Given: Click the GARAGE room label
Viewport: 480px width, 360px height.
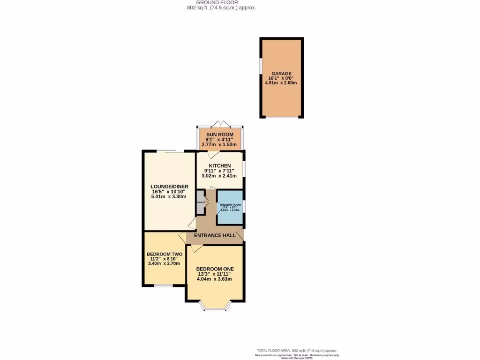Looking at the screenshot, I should [x=280, y=74].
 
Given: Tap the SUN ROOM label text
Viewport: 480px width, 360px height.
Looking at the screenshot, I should [x=220, y=135].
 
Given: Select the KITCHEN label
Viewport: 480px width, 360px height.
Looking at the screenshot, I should [x=219, y=166].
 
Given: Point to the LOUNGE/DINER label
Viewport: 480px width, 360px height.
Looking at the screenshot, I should [x=169, y=187].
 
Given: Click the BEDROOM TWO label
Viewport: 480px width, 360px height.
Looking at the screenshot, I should [x=164, y=254].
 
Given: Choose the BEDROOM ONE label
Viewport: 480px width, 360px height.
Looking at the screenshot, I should [x=215, y=269].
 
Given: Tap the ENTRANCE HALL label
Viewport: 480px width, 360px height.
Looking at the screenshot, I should [x=215, y=235].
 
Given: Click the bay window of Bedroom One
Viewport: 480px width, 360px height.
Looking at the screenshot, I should [x=215, y=307].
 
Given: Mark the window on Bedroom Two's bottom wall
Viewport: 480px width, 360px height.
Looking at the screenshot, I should [x=164, y=285].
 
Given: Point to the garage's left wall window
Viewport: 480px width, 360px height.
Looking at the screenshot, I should [x=260, y=66].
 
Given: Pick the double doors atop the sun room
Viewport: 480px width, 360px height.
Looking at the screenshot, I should [x=220, y=124].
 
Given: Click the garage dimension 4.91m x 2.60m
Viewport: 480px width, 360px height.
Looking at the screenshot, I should [x=280, y=84].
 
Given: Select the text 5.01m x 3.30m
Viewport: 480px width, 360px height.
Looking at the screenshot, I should [x=169, y=197].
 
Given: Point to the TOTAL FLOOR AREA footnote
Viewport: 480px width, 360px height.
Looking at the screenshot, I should [x=296, y=351].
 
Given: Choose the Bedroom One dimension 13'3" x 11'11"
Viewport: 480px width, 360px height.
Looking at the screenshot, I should [x=215, y=274].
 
